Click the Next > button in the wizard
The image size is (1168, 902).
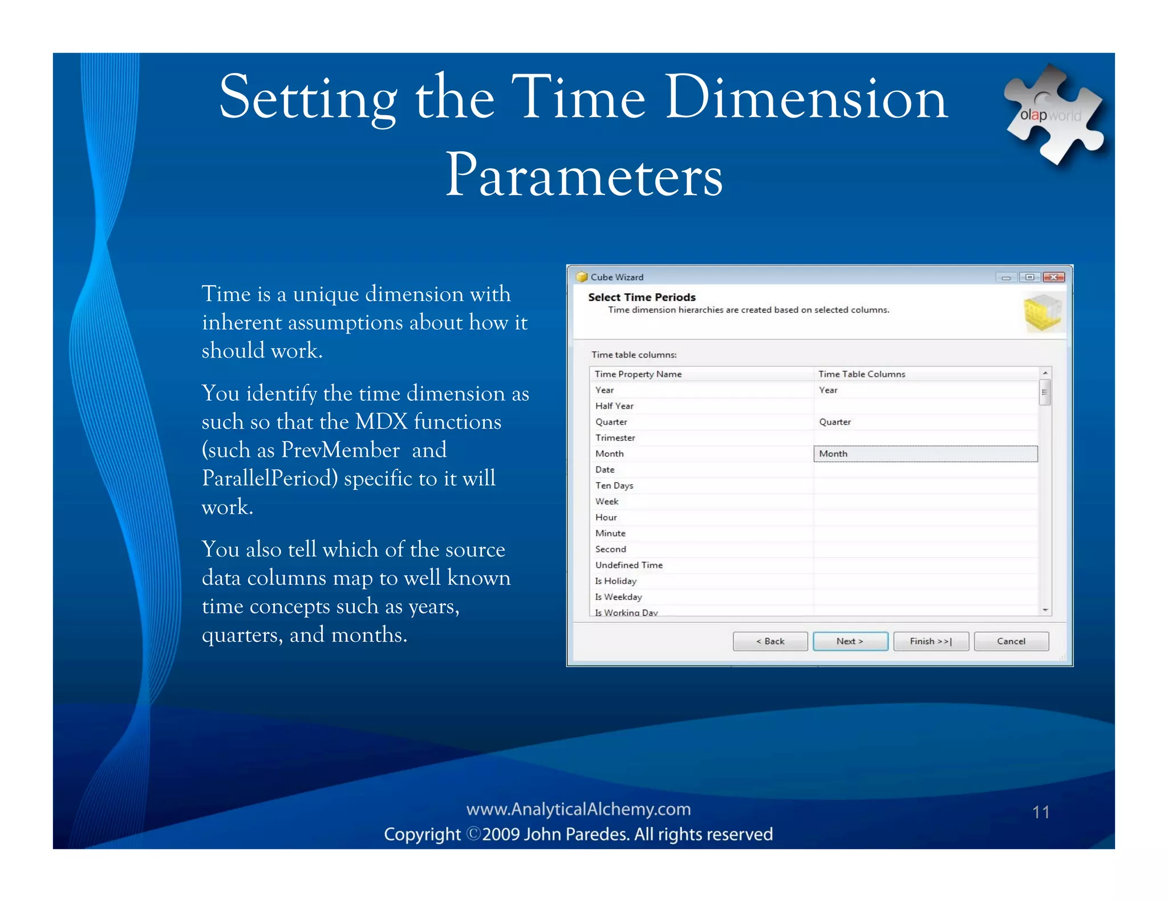(850, 641)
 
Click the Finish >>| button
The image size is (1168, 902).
(930, 641)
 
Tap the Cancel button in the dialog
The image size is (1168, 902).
(1011, 641)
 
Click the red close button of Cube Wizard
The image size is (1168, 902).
(1053, 277)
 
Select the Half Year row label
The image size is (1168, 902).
(614, 406)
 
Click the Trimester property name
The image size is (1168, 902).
(615, 438)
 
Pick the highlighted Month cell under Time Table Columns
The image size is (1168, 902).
(924, 454)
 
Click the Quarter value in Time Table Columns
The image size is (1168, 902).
(835, 422)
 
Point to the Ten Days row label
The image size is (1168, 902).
(614, 486)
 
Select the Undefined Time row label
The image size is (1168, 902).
(628, 565)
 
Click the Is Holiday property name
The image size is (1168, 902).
(615, 581)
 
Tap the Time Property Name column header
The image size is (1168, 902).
(638, 374)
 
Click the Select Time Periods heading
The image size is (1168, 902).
(642, 297)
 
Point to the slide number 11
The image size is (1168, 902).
(1041, 812)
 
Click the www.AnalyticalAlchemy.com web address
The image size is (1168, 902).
(578, 809)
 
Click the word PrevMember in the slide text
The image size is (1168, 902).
(340, 450)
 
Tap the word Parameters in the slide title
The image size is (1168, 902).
(583, 175)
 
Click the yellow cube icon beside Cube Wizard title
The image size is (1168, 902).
(581, 277)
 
